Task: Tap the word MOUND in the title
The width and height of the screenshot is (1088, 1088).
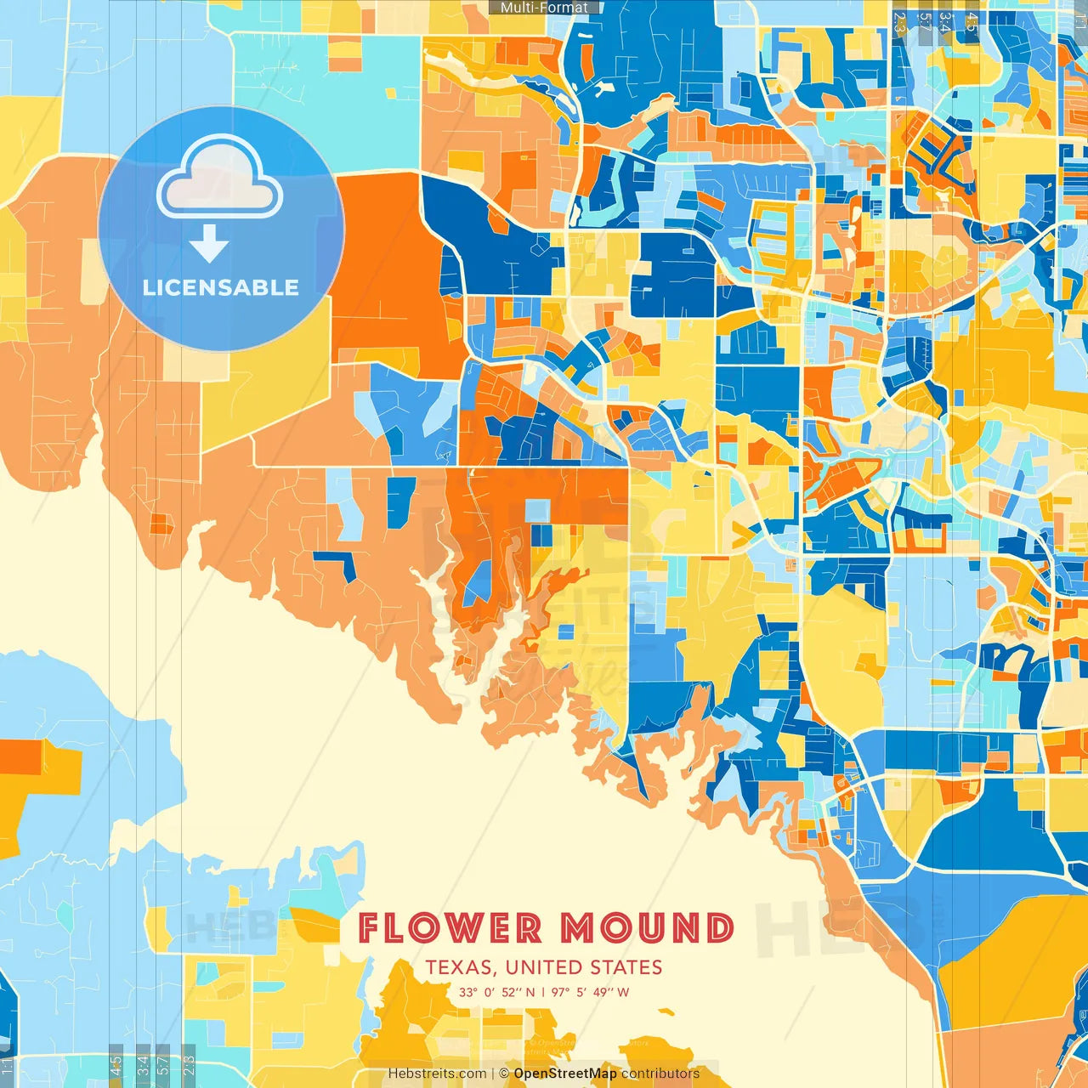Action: (647, 928)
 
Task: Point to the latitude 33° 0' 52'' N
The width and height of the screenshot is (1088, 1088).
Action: (496, 992)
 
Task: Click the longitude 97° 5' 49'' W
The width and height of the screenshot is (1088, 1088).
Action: (590, 992)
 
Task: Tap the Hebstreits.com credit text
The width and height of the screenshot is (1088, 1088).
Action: (437, 1074)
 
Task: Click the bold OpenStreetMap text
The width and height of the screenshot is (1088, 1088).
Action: (565, 1074)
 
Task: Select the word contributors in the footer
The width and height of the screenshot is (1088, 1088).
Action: (660, 1074)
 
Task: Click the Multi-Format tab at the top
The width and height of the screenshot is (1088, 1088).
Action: (544, 8)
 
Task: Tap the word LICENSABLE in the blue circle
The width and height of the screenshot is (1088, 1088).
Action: (221, 287)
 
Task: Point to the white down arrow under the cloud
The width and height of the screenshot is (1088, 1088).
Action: (209, 245)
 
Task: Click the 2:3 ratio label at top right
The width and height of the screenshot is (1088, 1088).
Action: (900, 22)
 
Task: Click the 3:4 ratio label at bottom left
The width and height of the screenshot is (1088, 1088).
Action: (142, 1064)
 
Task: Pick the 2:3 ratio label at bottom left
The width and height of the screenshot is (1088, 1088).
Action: (189, 1064)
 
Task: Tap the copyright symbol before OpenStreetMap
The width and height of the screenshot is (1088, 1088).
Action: (504, 1074)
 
